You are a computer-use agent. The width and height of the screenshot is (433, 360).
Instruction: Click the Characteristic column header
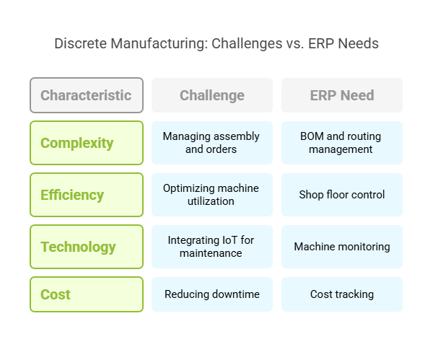pyautogui.click(x=87, y=95)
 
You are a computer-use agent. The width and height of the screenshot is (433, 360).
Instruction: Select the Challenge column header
pyautogui.click(x=212, y=95)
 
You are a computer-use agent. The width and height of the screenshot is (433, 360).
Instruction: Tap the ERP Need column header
pyautogui.click(x=342, y=95)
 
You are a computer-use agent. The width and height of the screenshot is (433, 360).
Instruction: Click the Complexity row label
pyautogui.click(x=87, y=143)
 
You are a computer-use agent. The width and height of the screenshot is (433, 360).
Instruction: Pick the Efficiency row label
pyautogui.click(x=87, y=195)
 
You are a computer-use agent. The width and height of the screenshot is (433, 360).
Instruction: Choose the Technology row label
pyautogui.click(x=87, y=247)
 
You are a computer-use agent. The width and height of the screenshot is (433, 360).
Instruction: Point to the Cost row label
pyautogui.click(x=87, y=294)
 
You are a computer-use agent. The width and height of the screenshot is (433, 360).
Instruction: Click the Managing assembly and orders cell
pyautogui.click(x=212, y=143)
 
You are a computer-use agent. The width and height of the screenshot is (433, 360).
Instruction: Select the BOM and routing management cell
pyautogui.click(x=342, y=143)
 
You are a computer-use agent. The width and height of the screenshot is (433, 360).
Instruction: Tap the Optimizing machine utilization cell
pyautogui.click(x=212, y=195)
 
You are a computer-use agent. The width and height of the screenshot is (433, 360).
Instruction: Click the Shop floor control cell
pyautogui.click(x=342, y=195)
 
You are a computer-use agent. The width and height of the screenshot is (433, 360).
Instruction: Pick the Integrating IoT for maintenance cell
pyautogui.click(x=212, y=247)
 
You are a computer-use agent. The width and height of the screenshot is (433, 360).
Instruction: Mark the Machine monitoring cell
pyautogui.click(x=342, y=247)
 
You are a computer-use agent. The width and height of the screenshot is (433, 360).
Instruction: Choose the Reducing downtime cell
pyautogui.click(x=212, y=294)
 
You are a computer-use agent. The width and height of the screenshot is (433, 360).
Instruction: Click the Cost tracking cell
pyautogui.click(x=342, y=294)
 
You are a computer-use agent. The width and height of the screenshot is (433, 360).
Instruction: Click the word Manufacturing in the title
pyautogui.click(x=159, y=43)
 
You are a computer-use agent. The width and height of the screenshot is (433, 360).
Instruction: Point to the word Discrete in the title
pyautogui.click(x=80, y=43)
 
